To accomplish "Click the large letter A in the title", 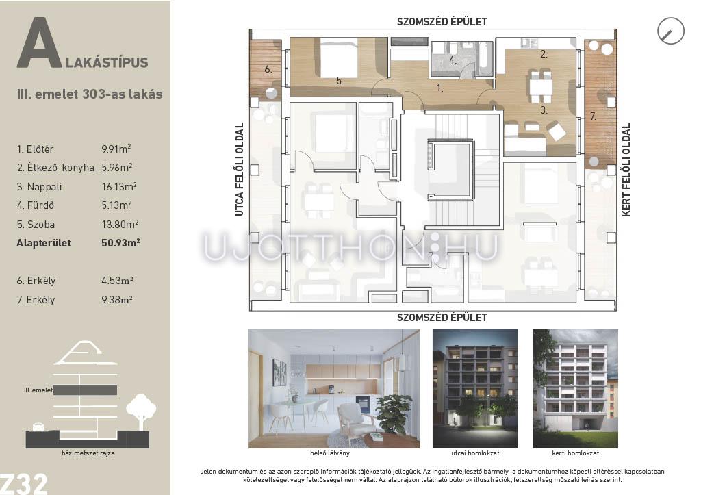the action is (x=39, y=43).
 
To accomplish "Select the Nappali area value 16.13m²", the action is (x=119, y=186).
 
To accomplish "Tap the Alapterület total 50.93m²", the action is (x=120, y=243).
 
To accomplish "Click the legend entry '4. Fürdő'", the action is (x=36, y=205).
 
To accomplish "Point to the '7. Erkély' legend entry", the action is (x=36, y=300).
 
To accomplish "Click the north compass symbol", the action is (x=671, y=31).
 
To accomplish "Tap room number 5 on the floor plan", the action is (x=340, y=81).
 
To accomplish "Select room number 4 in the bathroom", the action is (x=453, y=60).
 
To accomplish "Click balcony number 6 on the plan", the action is (x=268, y=69).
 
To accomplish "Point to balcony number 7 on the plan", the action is (x=593, y=116).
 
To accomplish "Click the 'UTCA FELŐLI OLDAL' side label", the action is (x=240, y=170).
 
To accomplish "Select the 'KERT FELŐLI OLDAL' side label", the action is (x=626, y=170).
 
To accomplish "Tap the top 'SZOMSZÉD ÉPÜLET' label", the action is (x=442, y=21).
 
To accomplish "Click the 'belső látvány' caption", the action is (x=330, y=453).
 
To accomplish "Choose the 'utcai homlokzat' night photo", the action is (x=475, y=389).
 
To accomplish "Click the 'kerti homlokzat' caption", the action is (x=575, y=453).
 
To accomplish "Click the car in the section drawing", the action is (x=38, y=427).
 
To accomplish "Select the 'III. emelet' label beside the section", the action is (x=38, y=390).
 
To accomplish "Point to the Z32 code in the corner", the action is (x=23, y=484).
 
